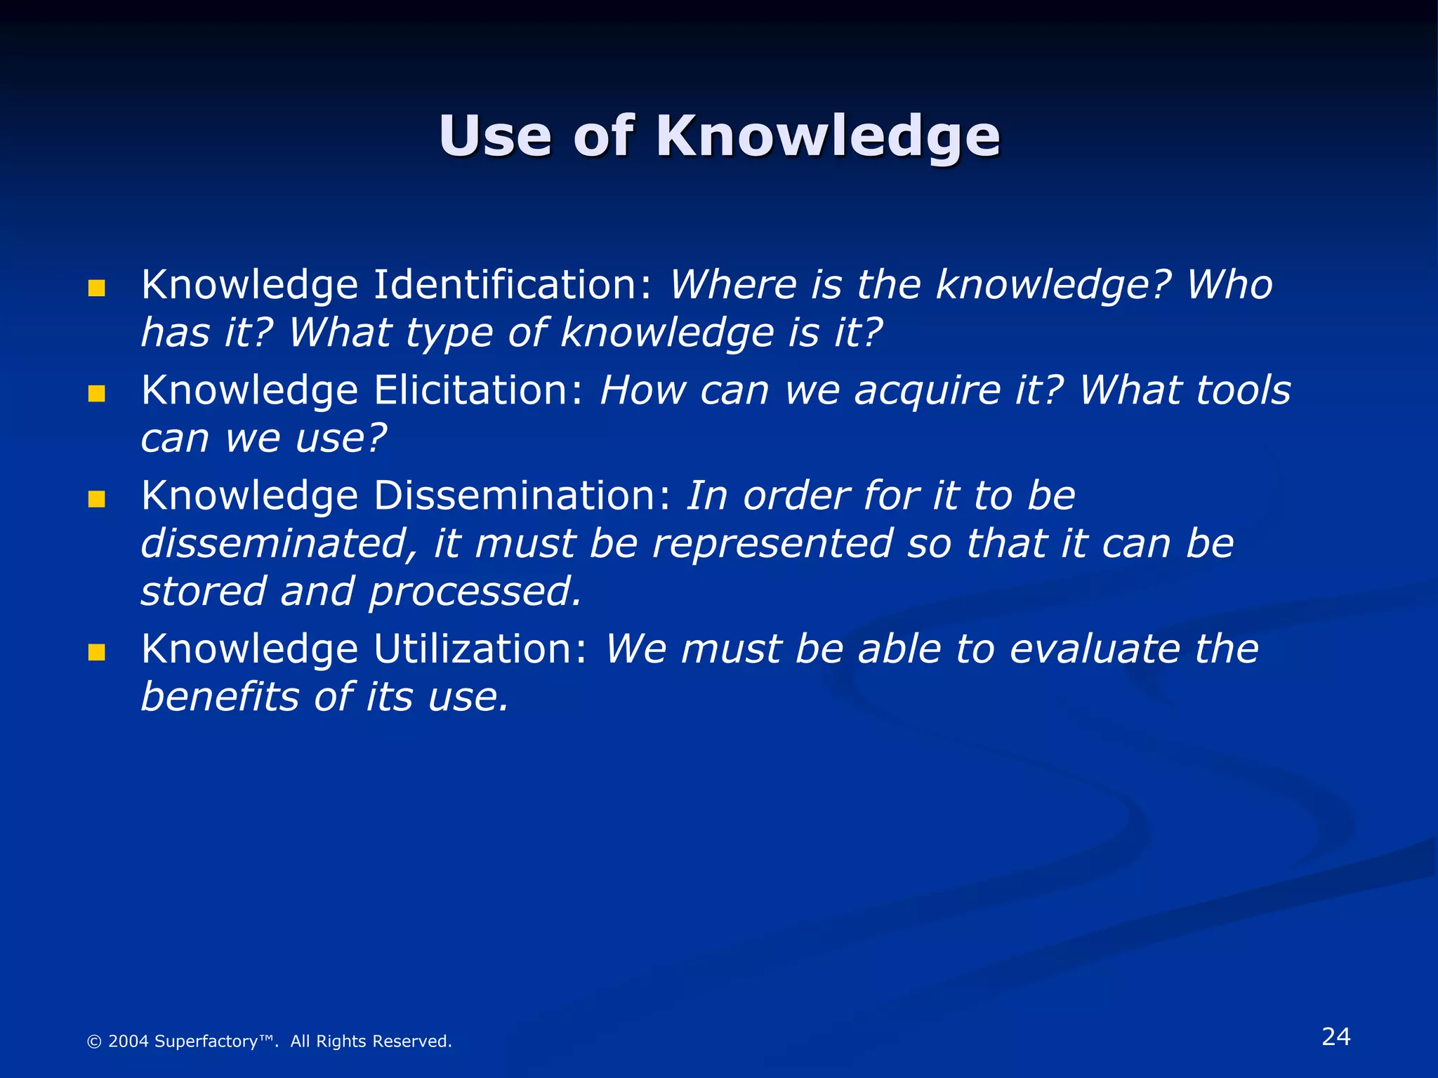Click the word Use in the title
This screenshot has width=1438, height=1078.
[x=495, y=136]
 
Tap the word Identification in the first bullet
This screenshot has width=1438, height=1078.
[x=513, y=285]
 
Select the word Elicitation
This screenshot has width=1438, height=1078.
[x=478, y=390]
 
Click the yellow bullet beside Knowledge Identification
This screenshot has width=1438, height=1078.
[x=97, y=288]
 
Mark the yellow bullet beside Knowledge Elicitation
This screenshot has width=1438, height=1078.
[x=97, y=394]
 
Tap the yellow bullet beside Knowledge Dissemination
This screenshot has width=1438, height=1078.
[x=97, y=500]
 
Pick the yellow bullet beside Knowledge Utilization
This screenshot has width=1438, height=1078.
[x=97, y=653]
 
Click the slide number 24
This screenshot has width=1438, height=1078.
[x=1335, y=1037]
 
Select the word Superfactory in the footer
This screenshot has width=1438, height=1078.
[x=206, y=1042]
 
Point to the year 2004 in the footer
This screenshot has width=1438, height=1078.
[x=128, y=1042]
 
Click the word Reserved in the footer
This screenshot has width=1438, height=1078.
[x=417, y=1042]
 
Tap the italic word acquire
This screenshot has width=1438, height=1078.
[x=927, y=392]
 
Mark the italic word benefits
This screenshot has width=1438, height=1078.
[x=220, y=697]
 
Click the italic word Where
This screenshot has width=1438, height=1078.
[x=733, y=285]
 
